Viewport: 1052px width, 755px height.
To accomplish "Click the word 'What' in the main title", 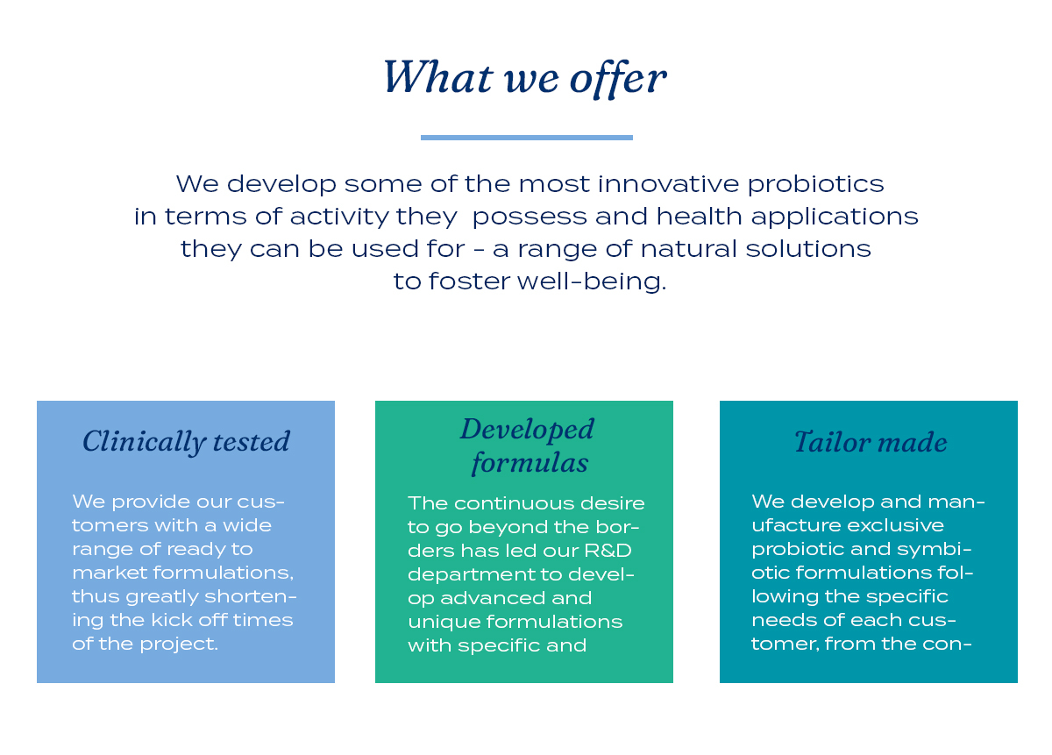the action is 438,76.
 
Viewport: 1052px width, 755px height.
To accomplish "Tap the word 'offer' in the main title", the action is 618,79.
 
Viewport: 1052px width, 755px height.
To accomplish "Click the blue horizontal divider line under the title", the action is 527,138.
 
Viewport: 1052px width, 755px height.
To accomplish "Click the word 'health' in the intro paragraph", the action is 700,216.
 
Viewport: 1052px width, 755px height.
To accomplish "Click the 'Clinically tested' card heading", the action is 186,442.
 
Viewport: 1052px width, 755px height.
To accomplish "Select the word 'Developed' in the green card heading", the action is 527,430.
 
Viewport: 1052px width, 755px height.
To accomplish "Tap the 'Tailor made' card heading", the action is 871,442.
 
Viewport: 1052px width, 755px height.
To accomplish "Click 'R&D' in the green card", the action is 608,551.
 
